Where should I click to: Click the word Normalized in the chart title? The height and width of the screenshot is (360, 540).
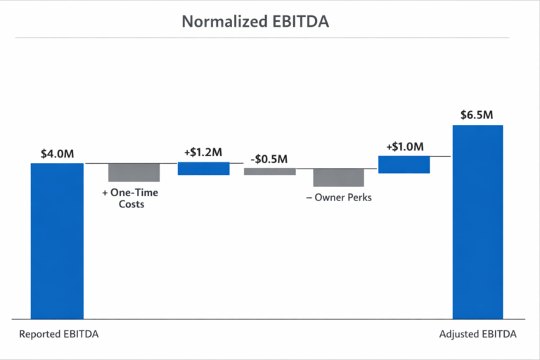pos(224,21)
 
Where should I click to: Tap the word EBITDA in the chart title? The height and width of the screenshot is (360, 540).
pos(300,21)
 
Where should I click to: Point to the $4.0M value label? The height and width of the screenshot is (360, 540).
pos(57,153)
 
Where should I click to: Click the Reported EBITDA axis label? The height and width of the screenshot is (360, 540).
pos(58,335)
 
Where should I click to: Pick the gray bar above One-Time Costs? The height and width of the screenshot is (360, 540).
pos(134,172)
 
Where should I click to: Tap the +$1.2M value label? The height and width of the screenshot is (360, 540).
pos(203,152)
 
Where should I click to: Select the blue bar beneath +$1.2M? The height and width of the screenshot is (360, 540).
pos(203,168)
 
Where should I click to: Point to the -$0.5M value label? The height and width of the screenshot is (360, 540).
pos(269,159)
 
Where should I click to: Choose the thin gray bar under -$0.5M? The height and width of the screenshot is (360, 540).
pos(269,171)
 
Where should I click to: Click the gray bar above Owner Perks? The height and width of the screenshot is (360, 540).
pos(338,177)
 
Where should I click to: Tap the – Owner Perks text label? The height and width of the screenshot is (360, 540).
pos(338,198)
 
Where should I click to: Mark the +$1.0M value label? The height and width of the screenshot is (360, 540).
pos(404,147)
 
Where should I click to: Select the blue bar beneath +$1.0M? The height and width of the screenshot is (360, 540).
pos(404,164)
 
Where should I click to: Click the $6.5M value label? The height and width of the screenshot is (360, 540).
pos(477,115)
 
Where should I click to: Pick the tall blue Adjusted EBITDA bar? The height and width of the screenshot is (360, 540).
pos(477,222)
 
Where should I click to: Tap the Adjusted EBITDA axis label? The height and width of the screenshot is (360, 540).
pos(477,335)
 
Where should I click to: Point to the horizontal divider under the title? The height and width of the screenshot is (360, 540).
pos(270,37)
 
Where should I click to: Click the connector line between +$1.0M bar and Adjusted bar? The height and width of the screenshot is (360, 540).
pos(440,156)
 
